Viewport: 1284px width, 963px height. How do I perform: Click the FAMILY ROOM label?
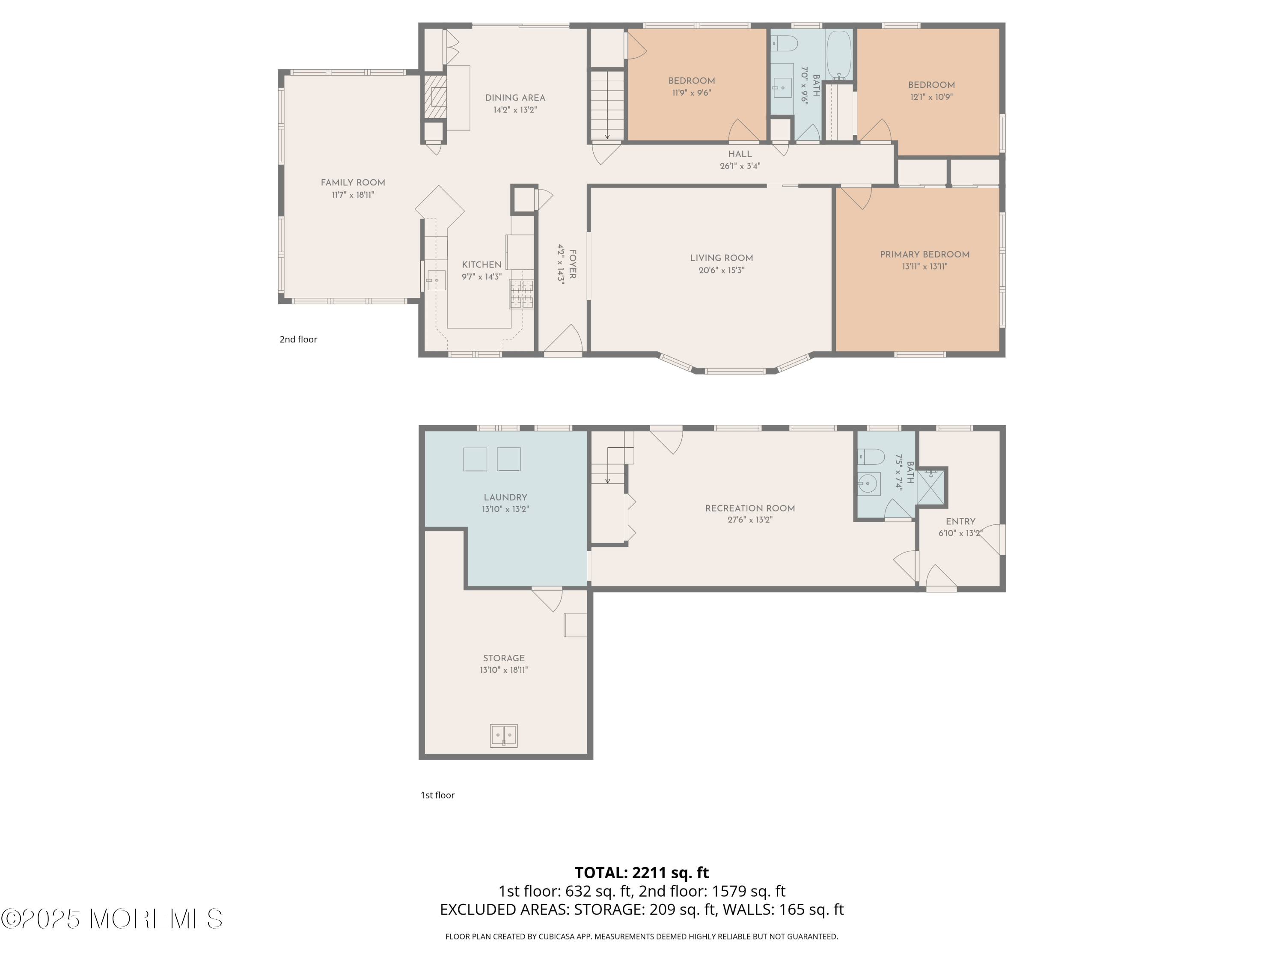tap(353, 182)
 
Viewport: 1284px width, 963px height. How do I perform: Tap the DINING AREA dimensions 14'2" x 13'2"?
tap(515, 110)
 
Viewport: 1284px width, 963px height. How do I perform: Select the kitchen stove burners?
tap(521, 294)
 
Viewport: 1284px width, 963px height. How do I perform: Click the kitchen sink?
tap(436, 280)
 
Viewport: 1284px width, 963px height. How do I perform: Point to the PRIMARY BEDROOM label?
tap(924, 254)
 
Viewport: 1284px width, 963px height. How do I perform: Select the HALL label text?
tap(740, 154)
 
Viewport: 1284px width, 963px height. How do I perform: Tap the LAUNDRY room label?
tap(505, 497)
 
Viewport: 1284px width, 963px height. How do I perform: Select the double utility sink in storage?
tap(503, 735)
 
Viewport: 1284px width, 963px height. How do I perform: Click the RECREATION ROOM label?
tap(749, 508)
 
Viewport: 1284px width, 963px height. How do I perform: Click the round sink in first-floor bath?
tap(868, 483)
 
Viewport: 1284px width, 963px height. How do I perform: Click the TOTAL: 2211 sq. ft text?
tap(642, 872)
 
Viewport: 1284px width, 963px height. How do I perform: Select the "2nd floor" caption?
tap(298, 339)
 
